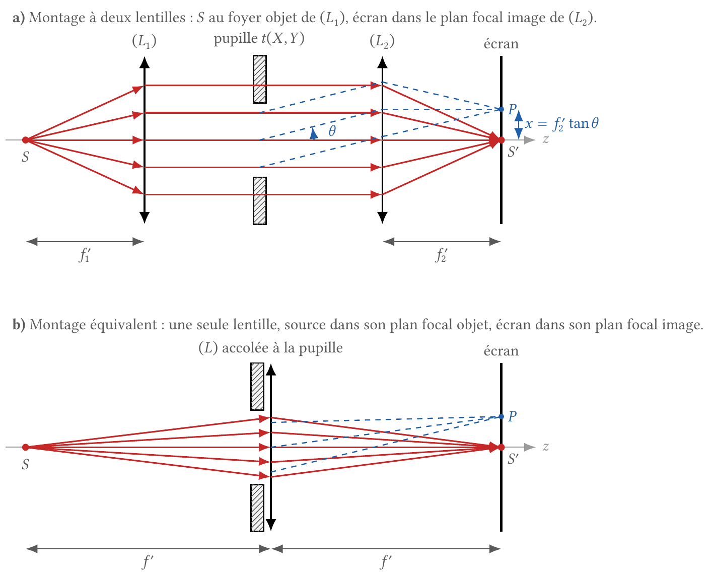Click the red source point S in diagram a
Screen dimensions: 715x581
click(26, 140)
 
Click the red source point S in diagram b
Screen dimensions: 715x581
click(26, 447)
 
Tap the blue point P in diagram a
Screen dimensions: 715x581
click(501, 109)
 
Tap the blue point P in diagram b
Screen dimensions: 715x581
click(501, 416)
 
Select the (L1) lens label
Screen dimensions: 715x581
click(145, 42)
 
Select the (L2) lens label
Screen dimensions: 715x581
click(382, 42)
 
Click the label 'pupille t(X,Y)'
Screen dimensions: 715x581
click(259, 39)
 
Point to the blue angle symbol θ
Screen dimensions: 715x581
click(332, 130)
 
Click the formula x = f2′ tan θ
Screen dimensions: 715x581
click(562, 124)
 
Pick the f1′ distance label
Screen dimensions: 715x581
click(85, 255)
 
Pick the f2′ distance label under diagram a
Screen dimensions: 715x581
click(441, 255)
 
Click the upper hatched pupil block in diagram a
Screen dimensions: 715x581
click(260, 79)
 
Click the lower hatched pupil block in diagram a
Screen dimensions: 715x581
click(260, 201)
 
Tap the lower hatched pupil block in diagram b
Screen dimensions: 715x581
click(257, 508)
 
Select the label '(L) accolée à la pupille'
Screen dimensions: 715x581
click(270, 348)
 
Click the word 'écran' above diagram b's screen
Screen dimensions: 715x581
click(501, 351)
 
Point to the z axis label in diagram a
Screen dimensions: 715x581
click(545, 139)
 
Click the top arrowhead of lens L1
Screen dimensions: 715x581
click(145, 62)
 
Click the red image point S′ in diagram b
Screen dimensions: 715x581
click(501, 447)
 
